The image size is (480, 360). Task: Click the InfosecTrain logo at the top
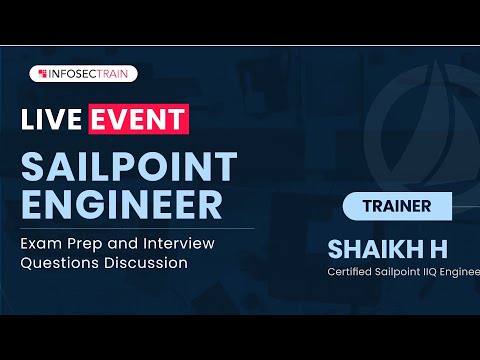click(x=84, y=73)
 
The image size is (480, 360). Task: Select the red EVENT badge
click(x=138, y=119)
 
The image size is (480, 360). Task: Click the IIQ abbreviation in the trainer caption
click(x=436, y=269)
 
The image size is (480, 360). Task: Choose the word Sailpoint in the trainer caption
click(x=401, y=269)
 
